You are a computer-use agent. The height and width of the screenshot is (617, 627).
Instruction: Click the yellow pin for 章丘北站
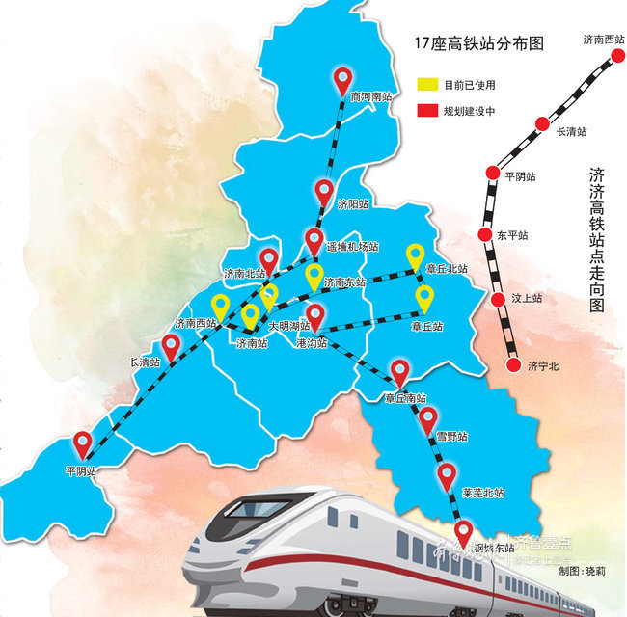pyautogui.click(x=415, y=255)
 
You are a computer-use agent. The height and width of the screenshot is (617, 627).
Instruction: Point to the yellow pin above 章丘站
pyautogui.click(x=424, y=296)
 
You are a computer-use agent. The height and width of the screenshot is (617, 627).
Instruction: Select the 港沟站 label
pyautogui.click(x=314, y=343)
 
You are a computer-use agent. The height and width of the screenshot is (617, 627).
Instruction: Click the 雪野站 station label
pyautogui.click(x=450, y=437)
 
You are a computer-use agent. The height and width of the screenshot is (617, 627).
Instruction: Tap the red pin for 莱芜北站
pyautogui.click(x=447, y=473)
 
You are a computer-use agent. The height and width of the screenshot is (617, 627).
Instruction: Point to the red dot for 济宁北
pyautogui.click(x=512, y=365)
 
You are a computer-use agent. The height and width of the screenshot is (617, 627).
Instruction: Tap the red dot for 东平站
pyautogui.click(x=486, y=235)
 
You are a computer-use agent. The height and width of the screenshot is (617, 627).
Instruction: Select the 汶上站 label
pyautogui.click(x=525, y=299)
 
